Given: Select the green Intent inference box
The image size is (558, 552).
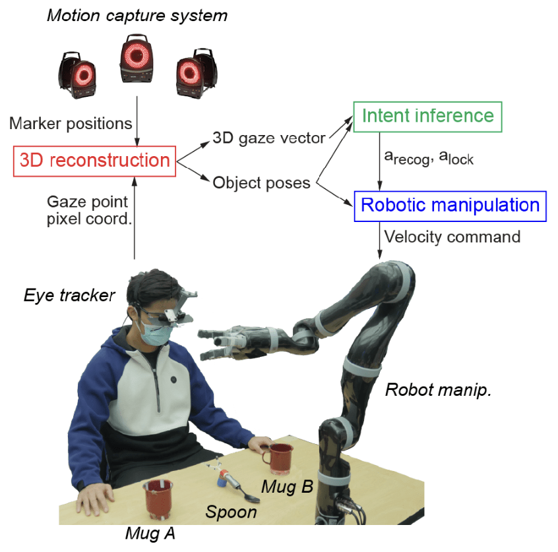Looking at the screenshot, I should (427, 117).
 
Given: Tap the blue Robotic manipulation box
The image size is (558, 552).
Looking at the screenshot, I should (450, 205).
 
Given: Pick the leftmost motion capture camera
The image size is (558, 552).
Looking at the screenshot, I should (78, 74).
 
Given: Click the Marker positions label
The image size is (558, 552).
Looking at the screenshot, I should (70, 123).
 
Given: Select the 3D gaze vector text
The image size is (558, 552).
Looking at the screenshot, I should (268, 138).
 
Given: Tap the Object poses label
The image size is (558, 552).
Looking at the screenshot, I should (261, 182).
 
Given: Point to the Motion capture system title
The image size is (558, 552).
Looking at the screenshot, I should (137, 15).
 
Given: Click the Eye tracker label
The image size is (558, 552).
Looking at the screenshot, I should (69, 296).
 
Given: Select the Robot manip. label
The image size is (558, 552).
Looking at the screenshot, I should (439, 390).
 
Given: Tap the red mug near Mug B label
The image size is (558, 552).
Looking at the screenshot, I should (278, 458).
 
